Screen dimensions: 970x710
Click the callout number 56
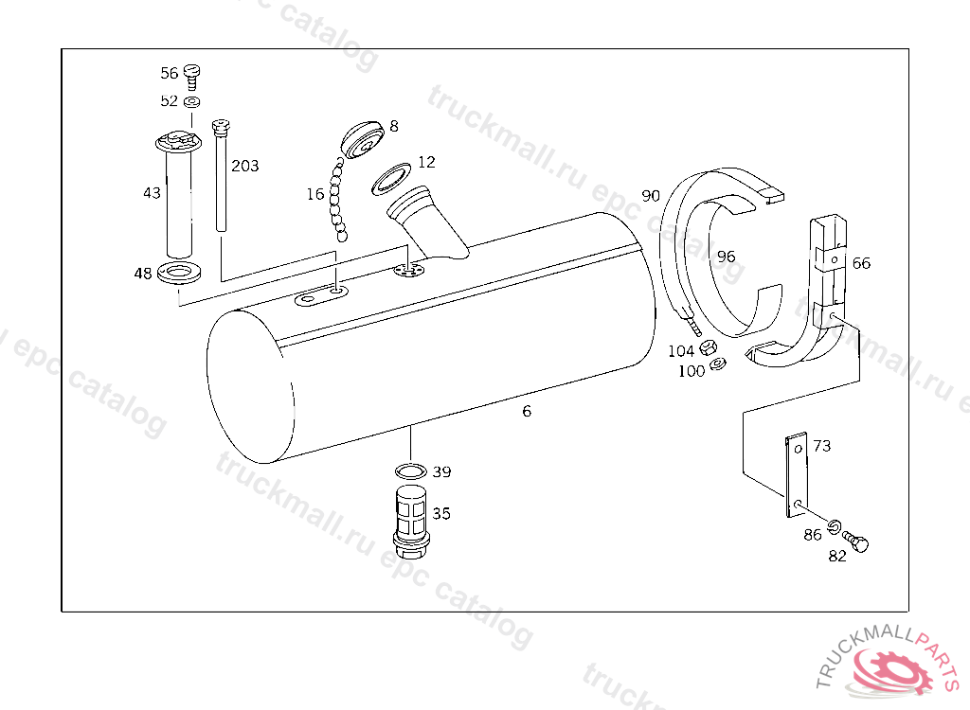click(169, 73)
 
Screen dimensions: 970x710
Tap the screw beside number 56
click(192, 77)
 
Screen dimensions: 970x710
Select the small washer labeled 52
click(192, 101)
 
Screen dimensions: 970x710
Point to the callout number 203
click(245, 166)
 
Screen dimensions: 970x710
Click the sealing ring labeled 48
click(179, 272)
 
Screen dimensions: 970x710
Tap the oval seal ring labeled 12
click(391, 179)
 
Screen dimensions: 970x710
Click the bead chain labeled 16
click(338, 199)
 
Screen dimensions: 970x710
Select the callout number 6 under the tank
click(527, 411)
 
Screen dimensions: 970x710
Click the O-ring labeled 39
click(411, 471)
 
